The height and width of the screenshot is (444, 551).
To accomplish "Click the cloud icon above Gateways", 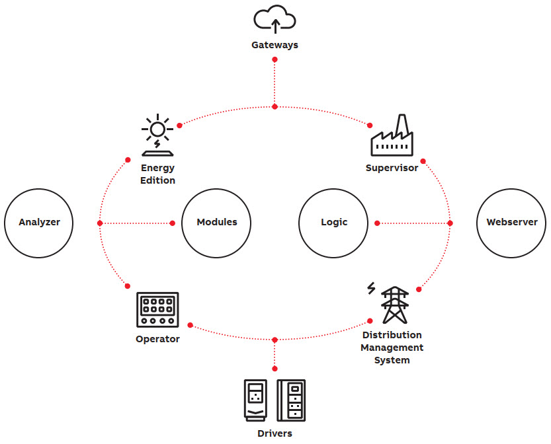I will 275,19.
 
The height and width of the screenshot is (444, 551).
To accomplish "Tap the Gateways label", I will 275,46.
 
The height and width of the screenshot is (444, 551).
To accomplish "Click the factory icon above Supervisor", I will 392,136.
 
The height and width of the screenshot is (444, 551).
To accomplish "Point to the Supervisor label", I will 392,168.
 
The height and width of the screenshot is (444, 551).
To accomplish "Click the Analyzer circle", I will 39,223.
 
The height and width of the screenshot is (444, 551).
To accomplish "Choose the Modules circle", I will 216,223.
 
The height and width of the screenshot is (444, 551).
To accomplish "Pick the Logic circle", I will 333,223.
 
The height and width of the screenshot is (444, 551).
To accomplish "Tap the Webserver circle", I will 511,223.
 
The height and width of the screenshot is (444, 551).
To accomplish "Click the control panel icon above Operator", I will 157,310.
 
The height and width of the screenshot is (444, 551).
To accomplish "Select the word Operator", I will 157,340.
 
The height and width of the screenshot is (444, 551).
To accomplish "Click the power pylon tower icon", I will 395,305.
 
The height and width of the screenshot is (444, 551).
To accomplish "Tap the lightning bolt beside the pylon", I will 371,288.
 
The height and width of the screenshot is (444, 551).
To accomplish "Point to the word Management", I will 392,348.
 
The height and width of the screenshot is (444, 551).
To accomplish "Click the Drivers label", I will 275,433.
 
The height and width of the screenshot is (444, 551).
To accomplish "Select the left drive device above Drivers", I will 255,400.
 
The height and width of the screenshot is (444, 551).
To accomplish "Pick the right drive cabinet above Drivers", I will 291,400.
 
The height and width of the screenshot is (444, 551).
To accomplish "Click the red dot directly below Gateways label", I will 275,59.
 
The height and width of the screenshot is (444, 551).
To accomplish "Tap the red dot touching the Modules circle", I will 173,223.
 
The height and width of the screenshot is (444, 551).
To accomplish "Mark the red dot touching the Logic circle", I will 377,223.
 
